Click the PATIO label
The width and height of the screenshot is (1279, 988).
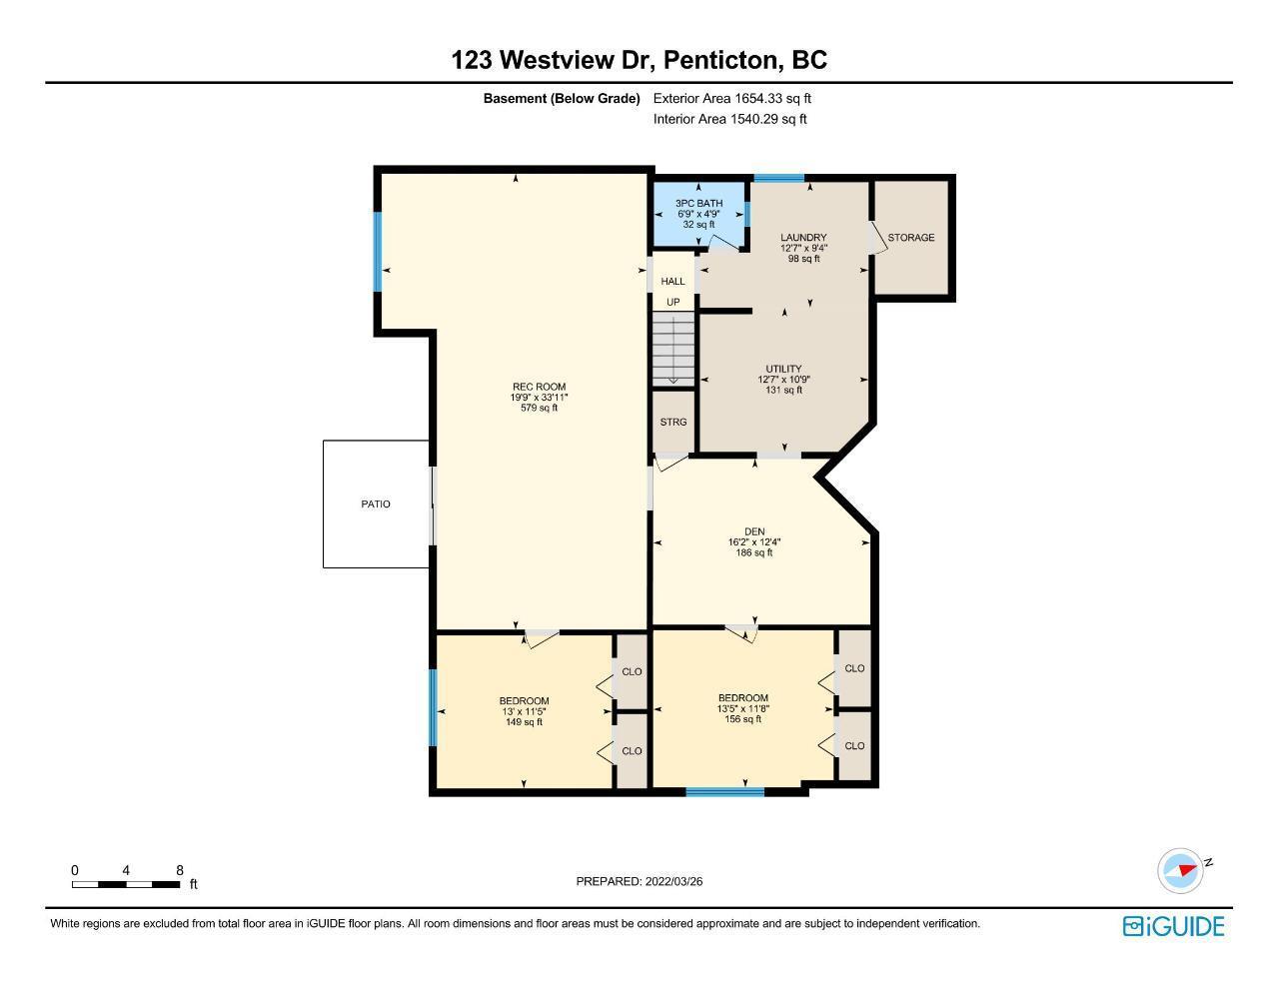376,504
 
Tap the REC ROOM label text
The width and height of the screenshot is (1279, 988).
540,387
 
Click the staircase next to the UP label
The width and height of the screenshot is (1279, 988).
673,349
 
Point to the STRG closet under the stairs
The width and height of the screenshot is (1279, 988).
673,422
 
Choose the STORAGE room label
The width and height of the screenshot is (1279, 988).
911,238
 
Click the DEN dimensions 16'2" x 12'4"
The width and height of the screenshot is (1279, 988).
754,542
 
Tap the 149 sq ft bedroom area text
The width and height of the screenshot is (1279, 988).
524,722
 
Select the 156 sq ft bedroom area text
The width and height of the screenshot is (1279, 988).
742,719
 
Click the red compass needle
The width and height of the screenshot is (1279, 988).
1188,870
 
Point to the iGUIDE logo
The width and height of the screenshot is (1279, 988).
1173,926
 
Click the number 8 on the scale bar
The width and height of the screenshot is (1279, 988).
180,870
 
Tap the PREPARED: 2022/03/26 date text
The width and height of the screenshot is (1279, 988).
639,881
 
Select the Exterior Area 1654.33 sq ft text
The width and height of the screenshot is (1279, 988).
732,98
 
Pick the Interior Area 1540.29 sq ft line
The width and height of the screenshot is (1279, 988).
729,119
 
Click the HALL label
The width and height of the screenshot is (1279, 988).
672,282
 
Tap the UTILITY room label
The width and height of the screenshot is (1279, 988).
783,369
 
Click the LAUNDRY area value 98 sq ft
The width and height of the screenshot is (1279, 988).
804,259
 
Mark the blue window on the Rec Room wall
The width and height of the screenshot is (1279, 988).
378,252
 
